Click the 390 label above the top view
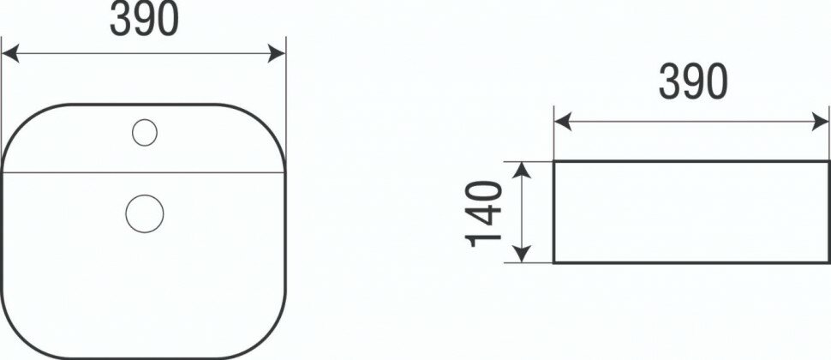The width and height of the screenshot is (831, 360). click(143, 21)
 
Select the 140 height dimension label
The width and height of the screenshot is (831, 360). click(486, 212)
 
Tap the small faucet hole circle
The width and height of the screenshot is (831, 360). click(145, 132)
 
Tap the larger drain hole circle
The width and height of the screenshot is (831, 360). click(143, 212)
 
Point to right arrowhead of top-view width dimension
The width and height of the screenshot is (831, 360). click(278, 54)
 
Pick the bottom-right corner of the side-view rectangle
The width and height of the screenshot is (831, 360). click(828, 261)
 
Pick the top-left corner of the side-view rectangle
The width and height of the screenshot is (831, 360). click(554, 161)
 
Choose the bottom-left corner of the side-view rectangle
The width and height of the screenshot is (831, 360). click(554, 261)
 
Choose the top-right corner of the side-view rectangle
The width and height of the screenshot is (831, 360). click(828, 161)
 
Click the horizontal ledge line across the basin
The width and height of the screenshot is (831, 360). click(206, 172)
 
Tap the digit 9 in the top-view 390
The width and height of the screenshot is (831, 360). click(143, 21)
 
